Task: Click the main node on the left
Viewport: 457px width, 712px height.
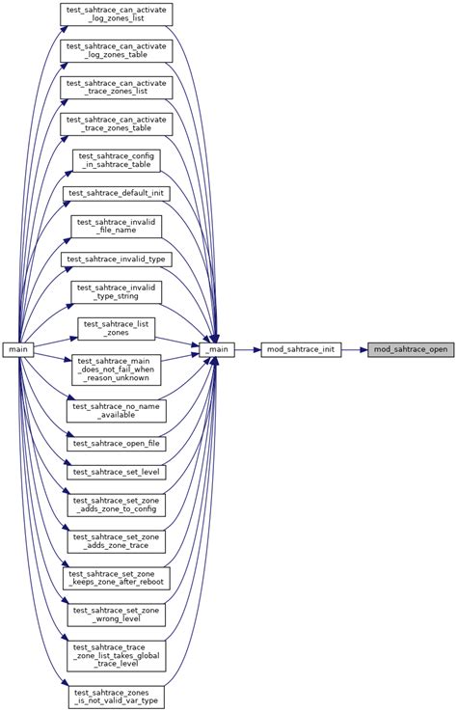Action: [x=19, y=348]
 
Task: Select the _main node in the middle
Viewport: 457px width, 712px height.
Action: [x=217, y=348]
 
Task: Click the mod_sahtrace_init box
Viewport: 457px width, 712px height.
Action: [x=302, y=348]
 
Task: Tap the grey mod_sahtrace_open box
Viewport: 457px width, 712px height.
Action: [x=410, y=348]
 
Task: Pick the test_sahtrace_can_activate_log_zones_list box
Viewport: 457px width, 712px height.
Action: [x=117, y=14]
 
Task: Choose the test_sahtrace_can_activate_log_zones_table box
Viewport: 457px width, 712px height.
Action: [x=117, y=51]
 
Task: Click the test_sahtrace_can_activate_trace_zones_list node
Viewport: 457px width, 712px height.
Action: [x=117, y=88]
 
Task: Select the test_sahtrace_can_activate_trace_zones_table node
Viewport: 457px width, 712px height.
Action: [x=117, y=124]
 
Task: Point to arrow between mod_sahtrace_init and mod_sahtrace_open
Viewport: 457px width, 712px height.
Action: [x=354, y=348]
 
